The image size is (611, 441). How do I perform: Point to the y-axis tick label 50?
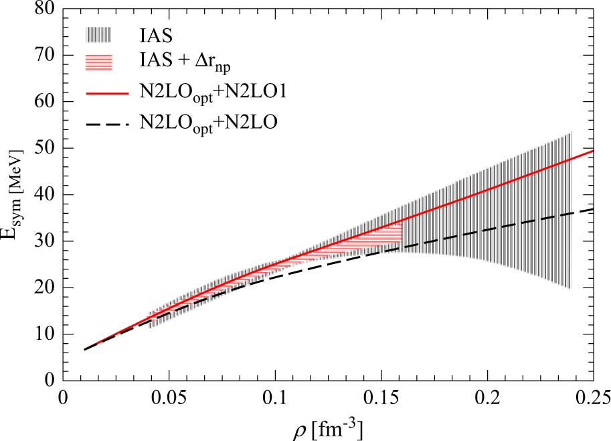(x=43, y=149)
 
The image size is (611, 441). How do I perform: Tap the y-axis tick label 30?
(x=43, y=241)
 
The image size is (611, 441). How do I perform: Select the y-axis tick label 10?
(x=43, y=334)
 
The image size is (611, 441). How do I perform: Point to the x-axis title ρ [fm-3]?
(x=327, y=426)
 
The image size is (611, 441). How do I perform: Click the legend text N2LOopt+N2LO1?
(x=213, y=94)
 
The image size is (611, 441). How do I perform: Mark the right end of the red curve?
(x=594, y=151)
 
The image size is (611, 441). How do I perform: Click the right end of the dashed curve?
(x=594, y=210)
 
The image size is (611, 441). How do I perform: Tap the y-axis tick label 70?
(x=43, y=56)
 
